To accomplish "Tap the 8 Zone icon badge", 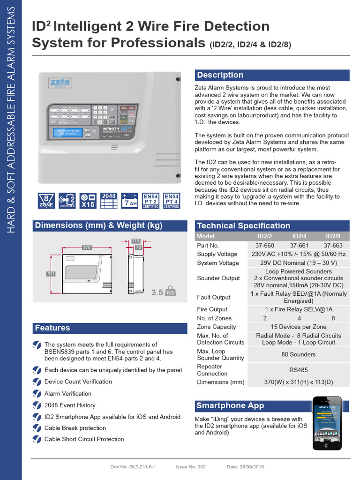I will point(46,201).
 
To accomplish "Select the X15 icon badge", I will point(88,201).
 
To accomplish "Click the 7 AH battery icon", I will point(130,201).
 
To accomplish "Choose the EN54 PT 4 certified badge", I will point(172,201).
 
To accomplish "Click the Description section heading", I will point(220,75).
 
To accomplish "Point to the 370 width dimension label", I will point(86,247).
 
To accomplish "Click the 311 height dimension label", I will point(51,273).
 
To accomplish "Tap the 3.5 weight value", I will point(157,292).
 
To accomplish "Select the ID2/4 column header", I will point(299,236).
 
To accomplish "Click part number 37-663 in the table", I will point(333,245).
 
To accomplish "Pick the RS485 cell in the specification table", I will point(299,370).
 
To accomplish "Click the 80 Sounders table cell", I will point(299,354).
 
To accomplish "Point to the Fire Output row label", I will point(212,309).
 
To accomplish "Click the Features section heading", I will point(52,328).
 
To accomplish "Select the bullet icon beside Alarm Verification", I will point(37,394).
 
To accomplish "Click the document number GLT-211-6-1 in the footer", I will point(139,467).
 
